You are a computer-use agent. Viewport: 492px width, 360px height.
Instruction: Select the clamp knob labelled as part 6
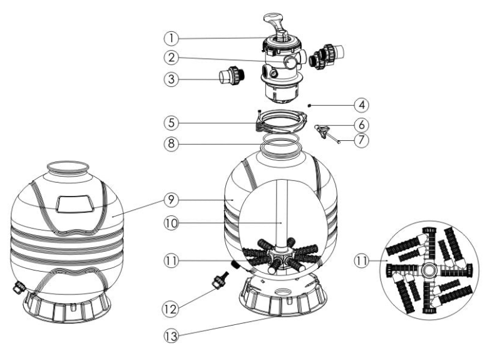[324, 130]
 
